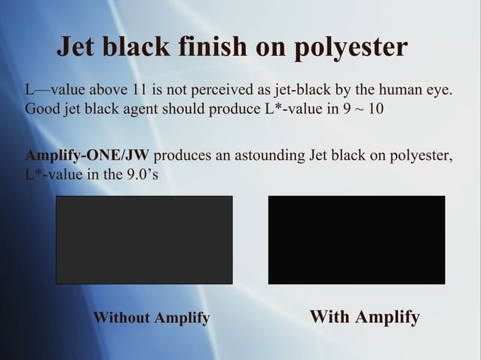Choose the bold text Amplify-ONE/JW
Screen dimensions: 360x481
click(x=87, y=157)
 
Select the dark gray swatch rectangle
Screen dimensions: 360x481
click(x=144, y=239)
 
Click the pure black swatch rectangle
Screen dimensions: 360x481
click(x=357, y=239)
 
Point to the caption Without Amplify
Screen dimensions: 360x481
click(x=151, y=318)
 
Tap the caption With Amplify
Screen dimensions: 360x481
click(x=365, y=316)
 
